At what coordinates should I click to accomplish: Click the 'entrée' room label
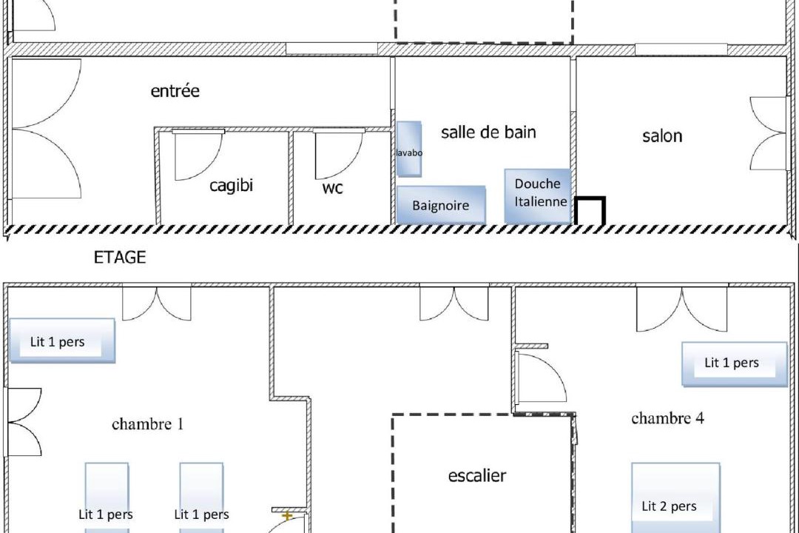[175, 91]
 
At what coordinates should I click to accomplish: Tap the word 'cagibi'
[232, 185]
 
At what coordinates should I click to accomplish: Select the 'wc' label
[333, 188]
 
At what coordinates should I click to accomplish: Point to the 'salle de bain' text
[488, 132]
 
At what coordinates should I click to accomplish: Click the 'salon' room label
[662, 135]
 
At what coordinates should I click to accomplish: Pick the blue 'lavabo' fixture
[409, 149]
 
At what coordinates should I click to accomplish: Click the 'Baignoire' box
[441, 205]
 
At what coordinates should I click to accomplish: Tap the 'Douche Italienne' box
[538, 196]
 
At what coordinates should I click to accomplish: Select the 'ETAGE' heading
[120, 257]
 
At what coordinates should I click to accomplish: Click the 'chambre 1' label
[147, 424]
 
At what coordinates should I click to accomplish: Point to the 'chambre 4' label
[667, 418]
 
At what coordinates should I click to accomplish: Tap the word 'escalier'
[477, 475]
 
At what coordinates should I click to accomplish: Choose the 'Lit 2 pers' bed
[675, 497]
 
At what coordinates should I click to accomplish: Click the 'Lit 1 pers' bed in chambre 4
[735, 363]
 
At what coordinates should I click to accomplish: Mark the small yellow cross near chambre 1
[287, 516]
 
